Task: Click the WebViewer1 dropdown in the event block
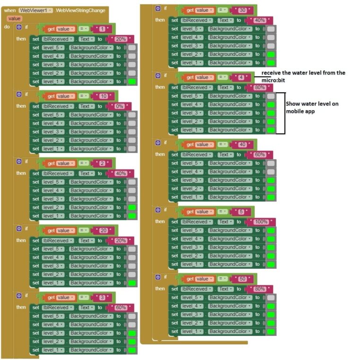tap(36, 10)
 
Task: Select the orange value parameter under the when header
tap(14, 18)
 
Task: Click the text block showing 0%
tap(120, 106)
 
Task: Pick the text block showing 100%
tap(261, 222)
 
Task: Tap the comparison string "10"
tap(104, 96)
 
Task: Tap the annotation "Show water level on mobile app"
tap(312, 107)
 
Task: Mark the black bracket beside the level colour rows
tap(284, 113)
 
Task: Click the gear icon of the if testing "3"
tap(19, 296)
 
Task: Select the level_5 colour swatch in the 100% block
tap(271, 231)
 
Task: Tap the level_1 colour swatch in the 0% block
tap(132, 149)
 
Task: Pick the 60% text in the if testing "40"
tap(259, 154)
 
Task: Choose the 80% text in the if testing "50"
tap(259, 289)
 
